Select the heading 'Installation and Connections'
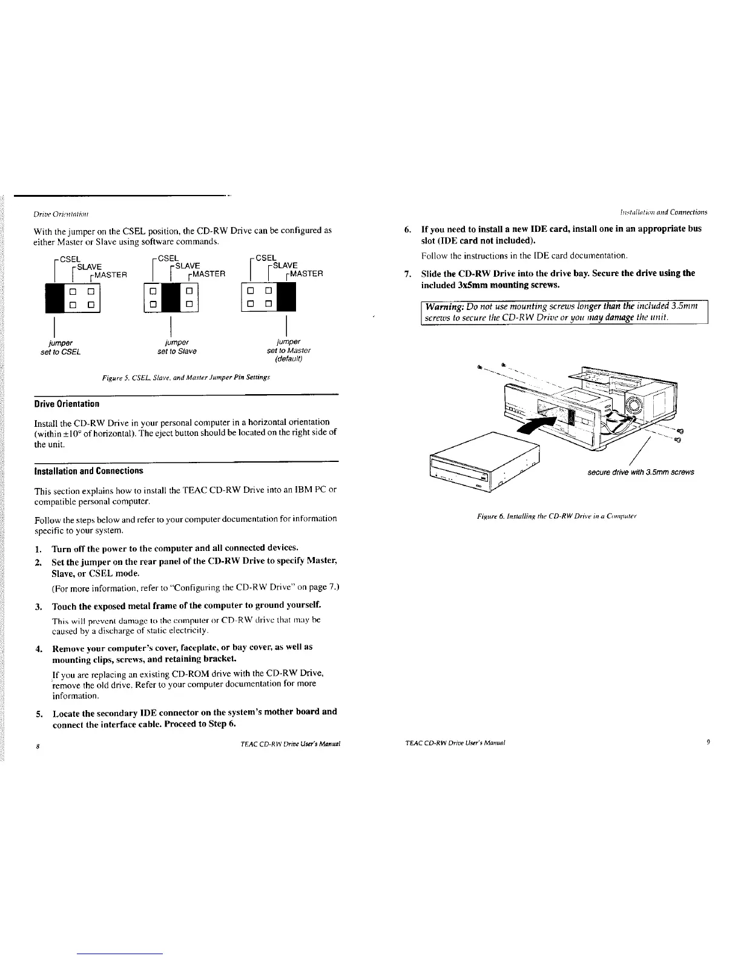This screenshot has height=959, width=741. click(88, 470)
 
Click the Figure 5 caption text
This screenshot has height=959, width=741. click(186, 377)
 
